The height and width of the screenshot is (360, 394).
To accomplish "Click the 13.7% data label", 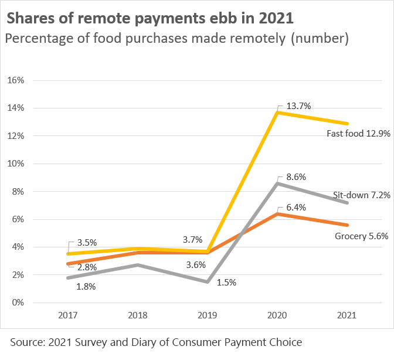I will click(298, 106).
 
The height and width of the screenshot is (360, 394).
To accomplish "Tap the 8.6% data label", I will click(296, 176).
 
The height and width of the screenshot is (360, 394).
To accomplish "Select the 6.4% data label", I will click(296, 207).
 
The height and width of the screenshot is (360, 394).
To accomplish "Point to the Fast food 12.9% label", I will click(358, 134).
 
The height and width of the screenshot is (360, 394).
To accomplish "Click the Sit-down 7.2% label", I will click(362, 195).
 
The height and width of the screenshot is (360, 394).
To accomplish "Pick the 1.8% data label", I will click(86, 287).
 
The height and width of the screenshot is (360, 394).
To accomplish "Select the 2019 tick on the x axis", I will click(207, 315).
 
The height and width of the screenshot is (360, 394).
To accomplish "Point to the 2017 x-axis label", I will click(68, 315).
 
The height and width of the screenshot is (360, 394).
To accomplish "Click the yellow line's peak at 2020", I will click(277, 112).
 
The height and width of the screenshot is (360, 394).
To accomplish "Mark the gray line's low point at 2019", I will click(207, 282).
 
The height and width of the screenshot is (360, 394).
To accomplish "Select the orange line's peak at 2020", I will click(277, 213).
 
